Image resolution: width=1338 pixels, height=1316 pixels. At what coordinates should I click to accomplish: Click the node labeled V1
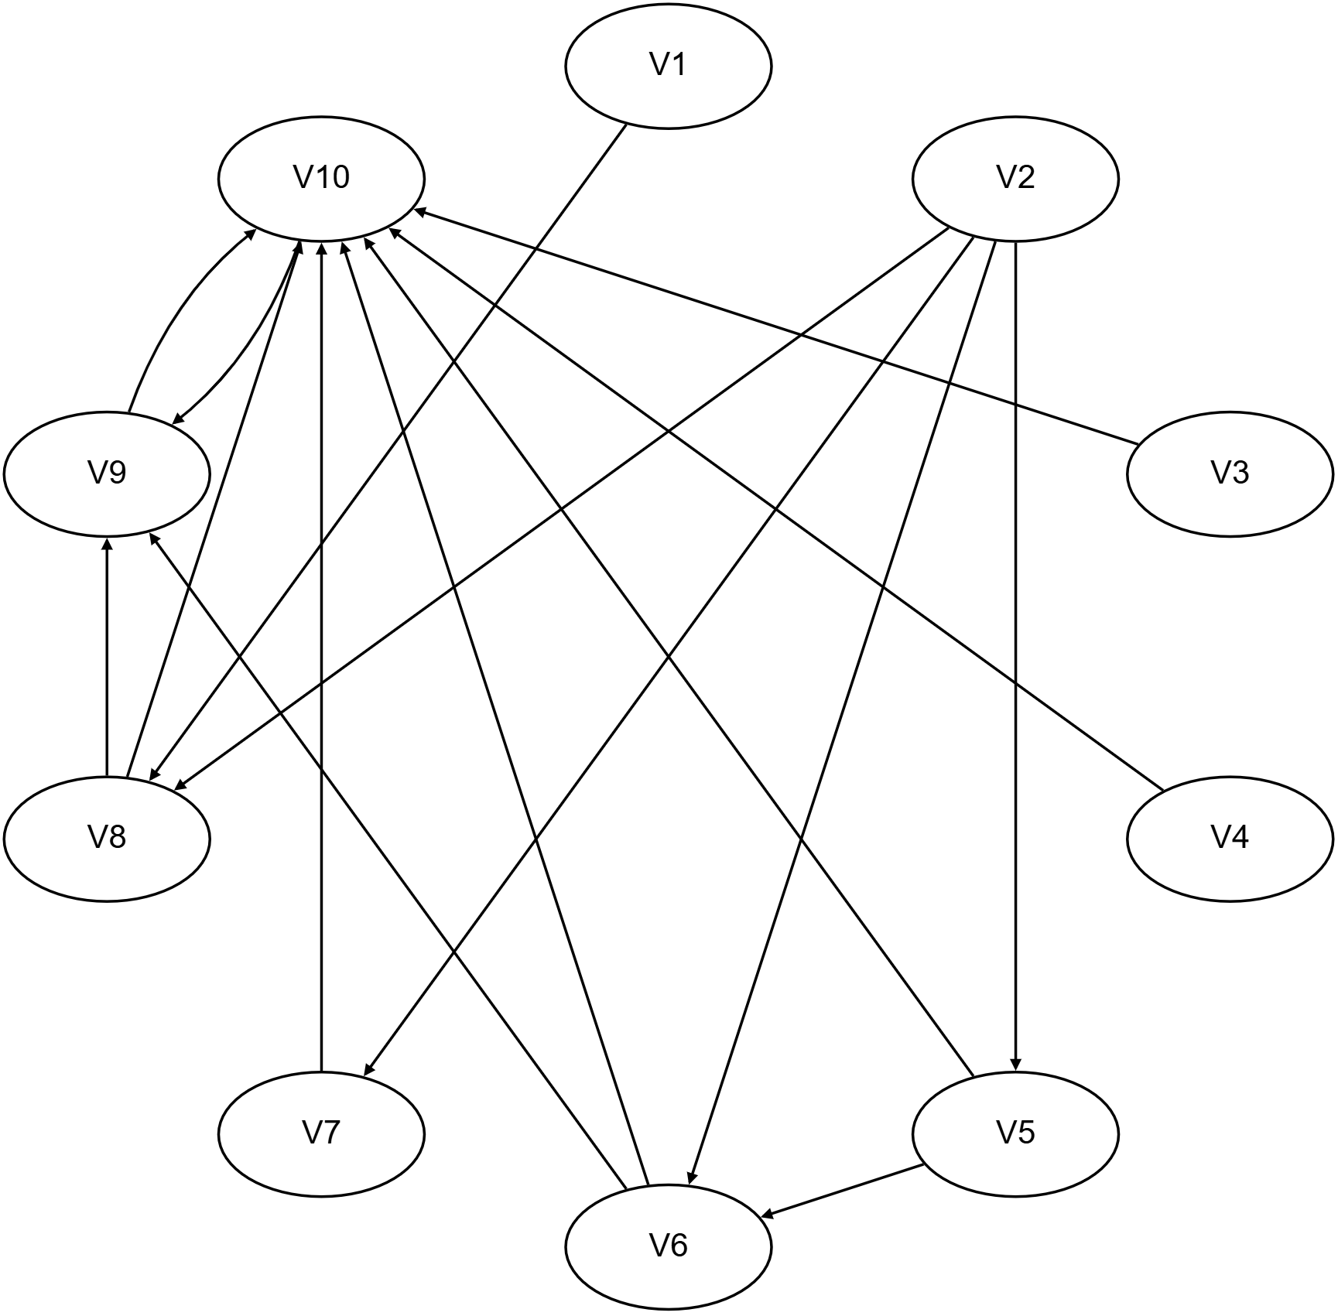(669, 66)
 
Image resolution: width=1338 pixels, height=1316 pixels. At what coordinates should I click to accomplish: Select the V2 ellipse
(1016, 179)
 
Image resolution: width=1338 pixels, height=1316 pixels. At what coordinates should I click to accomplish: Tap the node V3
(1230, 473)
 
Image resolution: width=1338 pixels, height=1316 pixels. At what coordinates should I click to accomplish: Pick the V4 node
(1230, 839)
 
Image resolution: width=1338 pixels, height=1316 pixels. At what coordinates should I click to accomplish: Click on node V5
(1016, 1134)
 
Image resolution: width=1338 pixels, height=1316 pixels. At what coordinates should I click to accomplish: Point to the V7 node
(322, 1134)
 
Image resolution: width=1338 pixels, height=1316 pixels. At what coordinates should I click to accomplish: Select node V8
(107, 839)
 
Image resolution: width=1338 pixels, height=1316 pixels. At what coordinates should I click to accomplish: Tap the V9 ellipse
(107, 473)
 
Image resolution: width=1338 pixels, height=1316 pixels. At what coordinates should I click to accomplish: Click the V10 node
(322, 179)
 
